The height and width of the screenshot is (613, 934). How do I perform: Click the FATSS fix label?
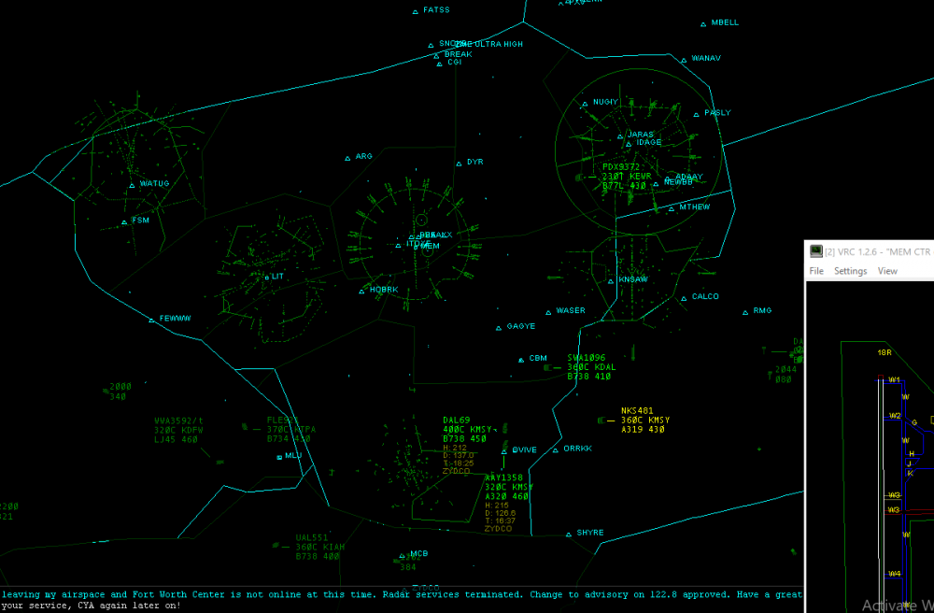436,10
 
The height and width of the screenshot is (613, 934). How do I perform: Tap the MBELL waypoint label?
725,22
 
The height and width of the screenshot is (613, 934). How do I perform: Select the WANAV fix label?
706,59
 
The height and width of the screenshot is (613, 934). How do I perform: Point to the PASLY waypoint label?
717,113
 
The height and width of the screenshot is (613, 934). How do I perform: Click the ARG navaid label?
363,157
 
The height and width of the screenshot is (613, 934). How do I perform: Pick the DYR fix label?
474,163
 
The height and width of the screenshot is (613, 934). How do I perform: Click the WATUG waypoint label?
154,184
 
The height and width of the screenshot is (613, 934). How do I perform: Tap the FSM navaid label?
140,221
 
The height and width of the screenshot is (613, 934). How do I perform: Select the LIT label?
277,277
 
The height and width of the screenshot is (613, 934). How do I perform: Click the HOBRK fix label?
383,290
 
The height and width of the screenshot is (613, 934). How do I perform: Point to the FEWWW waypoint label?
175,319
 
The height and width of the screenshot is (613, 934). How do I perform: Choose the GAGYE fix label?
521,327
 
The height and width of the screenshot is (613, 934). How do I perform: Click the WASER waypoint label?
571,311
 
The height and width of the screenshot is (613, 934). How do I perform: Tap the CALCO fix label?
705,297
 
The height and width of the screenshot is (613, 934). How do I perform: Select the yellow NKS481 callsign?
637,410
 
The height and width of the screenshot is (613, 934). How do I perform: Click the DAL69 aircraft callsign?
456,421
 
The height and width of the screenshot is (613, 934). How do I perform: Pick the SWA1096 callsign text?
586,358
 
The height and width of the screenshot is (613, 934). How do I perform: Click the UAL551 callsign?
311,538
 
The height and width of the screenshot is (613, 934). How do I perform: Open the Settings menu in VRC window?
850,271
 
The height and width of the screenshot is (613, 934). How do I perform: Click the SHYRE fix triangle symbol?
568,535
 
